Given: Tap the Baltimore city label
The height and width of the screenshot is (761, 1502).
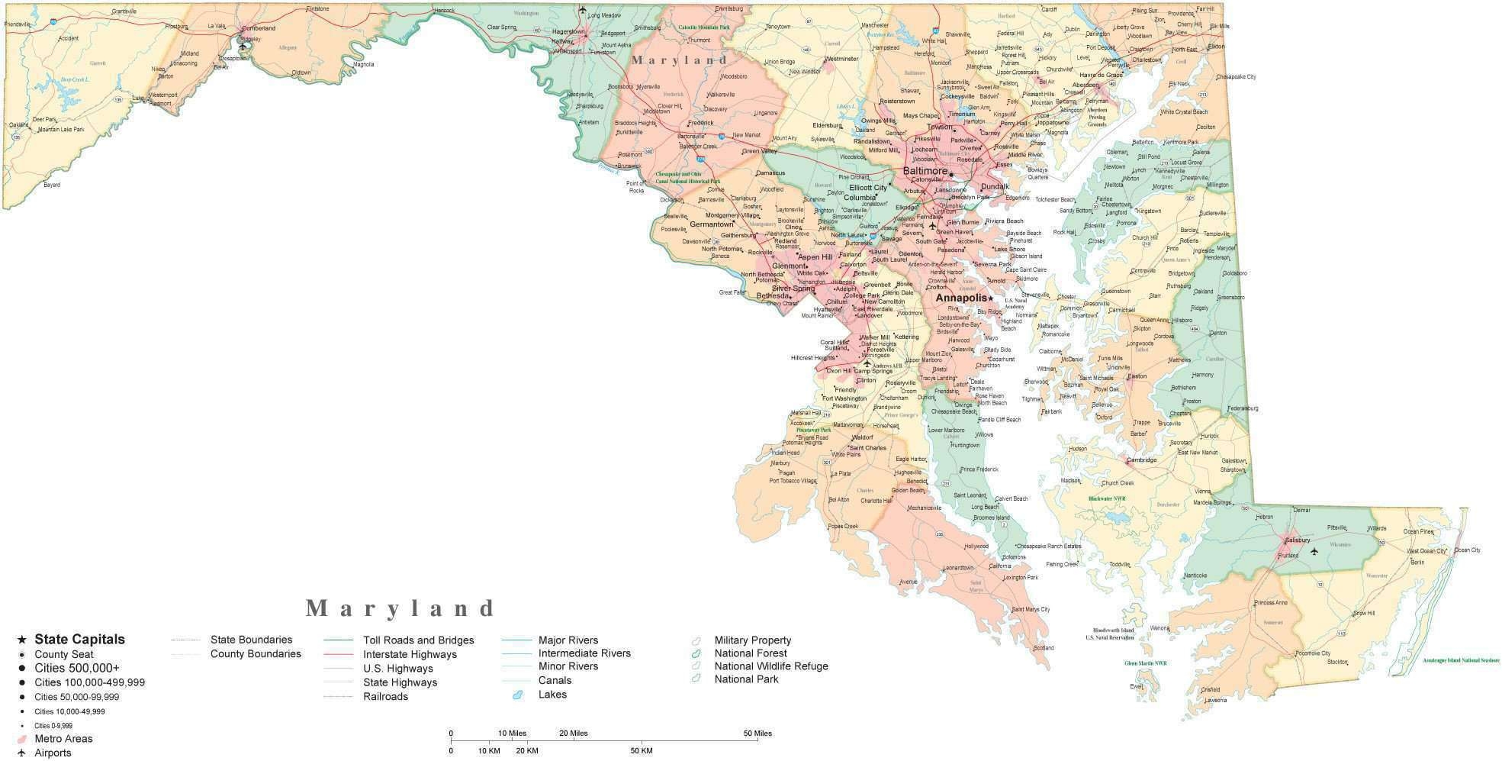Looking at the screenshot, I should pyautogui.click(x=925, y=172).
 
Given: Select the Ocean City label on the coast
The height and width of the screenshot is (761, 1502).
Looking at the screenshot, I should pyautogui.click(x=1466, y=550).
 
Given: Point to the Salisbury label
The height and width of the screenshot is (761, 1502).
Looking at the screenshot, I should pyautogui.click(x=1297, y=540).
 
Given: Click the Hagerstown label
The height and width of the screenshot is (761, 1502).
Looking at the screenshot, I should pyautogui.click(x=568, y=32).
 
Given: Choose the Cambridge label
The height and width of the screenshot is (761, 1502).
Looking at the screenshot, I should pyautogui.click(x=1141, y=460).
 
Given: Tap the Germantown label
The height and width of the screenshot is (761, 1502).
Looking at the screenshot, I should pyautogui.click(x=711, y=225).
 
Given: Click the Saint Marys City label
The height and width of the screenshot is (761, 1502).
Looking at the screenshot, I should pyautogui.click(x=1031, y=609).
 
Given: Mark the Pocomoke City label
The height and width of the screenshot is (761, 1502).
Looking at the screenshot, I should pyautogui.click(x=1313, y=653).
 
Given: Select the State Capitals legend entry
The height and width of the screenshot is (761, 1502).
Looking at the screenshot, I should pyautogui.click(x=79, y=640).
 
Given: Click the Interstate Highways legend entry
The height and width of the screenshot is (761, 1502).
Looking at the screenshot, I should pyautogui.click(x=410, y=654).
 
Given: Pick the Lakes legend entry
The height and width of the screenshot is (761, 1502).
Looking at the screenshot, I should pyautogui.click(x=552, y=695).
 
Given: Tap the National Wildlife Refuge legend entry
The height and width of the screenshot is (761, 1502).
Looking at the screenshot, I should pyautogui.click(x=770, y=666).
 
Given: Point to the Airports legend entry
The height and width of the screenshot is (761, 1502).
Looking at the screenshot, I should pyautogui.click(x=53, y=753).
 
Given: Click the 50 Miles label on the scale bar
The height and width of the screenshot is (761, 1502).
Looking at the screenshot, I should pyautogui.click(x=757, y=734).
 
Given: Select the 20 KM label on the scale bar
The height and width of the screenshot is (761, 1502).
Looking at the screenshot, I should pyautogui.click(x=527, y=751).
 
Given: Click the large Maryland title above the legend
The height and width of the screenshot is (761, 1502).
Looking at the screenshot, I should pyautogui.click(x=401, y=608).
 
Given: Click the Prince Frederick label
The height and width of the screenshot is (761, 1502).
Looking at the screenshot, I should pyautogui.click(x=979, y=469).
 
